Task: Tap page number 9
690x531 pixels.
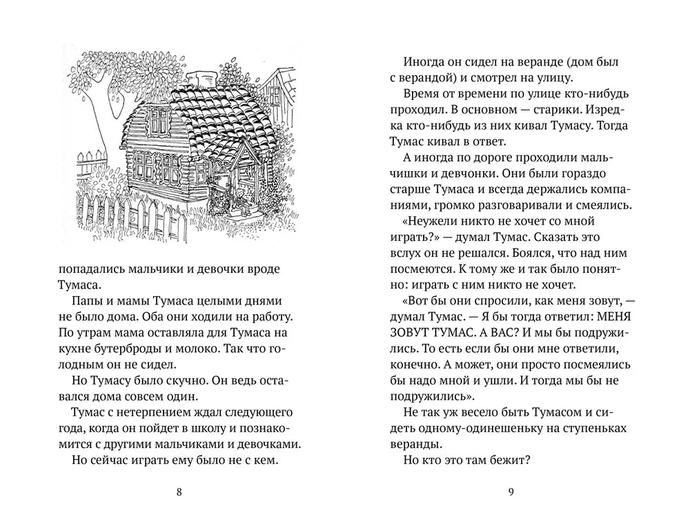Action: point(511,492)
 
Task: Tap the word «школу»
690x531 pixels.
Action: point(204,428)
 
